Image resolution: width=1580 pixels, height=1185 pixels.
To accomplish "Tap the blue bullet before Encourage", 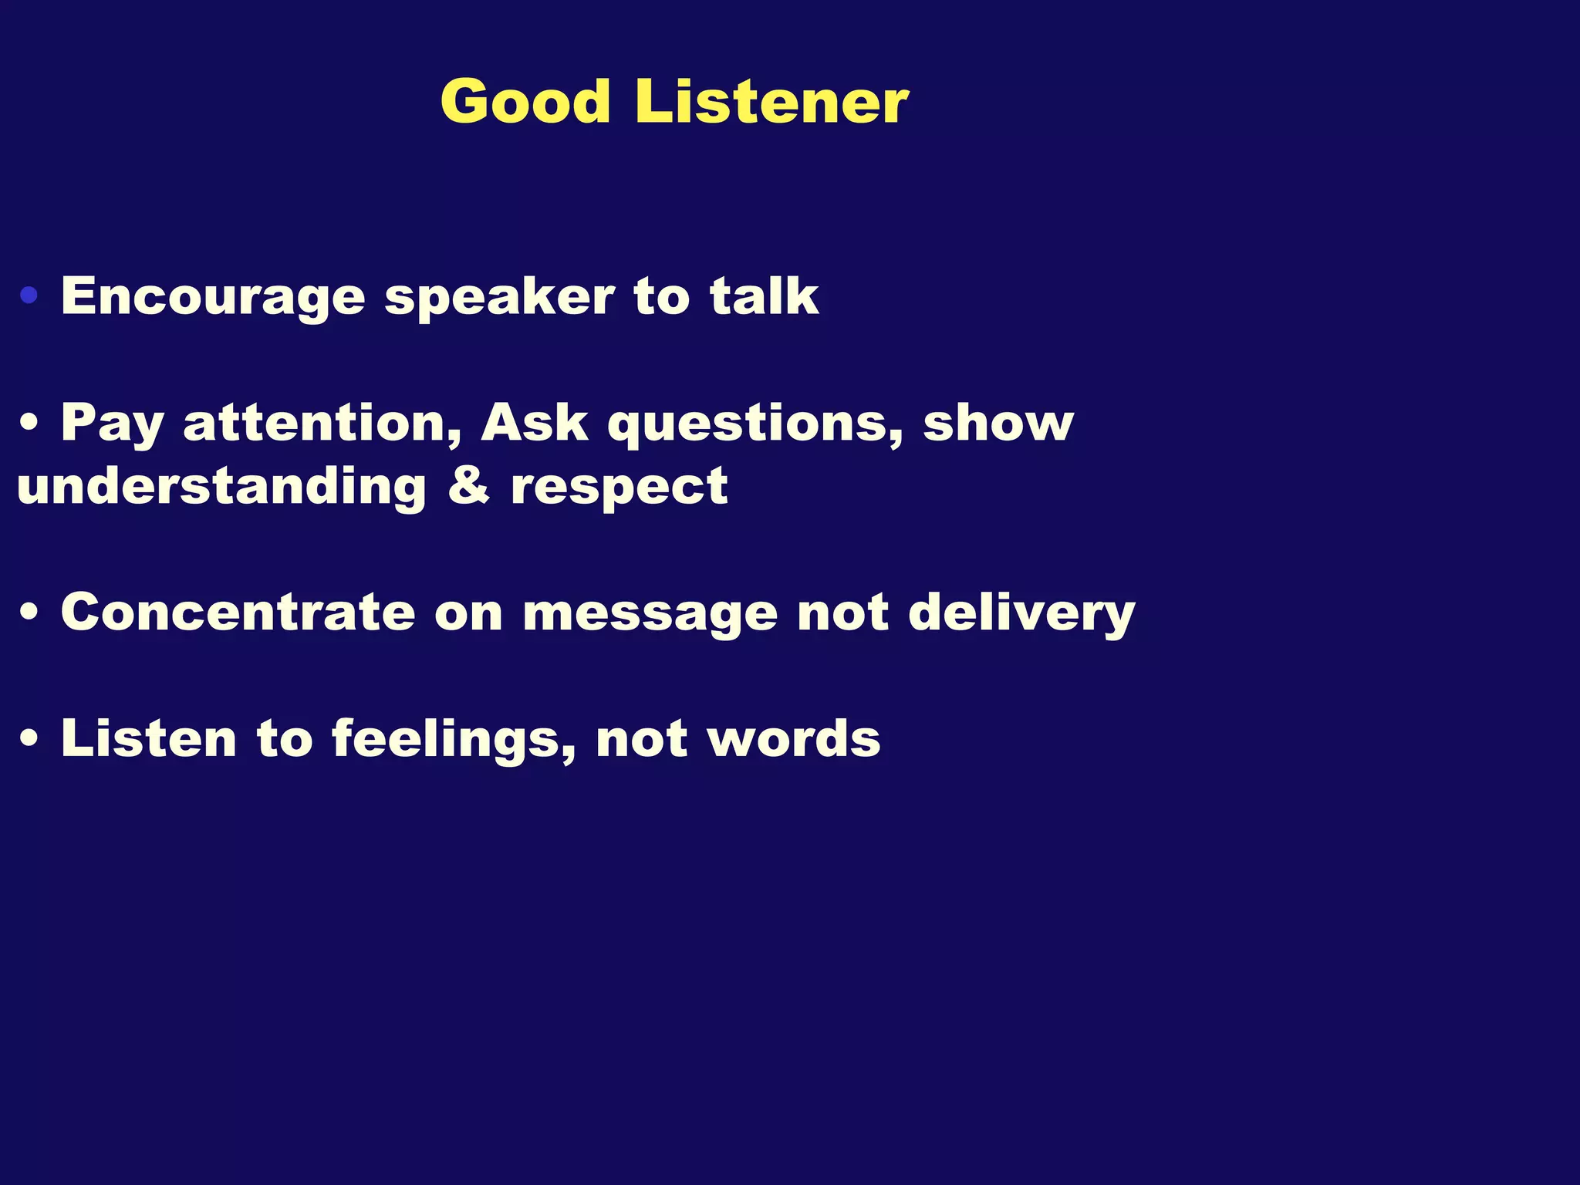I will click(x=29, y=295).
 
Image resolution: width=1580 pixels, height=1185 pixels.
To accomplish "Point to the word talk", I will click(x=764, y=296).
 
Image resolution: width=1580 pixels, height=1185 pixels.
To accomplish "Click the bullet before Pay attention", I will click(x=29, y=423).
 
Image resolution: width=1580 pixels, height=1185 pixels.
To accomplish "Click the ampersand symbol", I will click(x=468, y=486).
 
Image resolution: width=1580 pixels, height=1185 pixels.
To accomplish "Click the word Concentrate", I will click(x=238, y=613).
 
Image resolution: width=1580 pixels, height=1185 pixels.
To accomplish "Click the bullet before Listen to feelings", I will click(x=29, y=739).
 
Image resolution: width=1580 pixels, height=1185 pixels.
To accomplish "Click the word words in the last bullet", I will click(x=795, y=739).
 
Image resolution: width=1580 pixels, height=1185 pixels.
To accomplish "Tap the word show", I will click(x=998, y=423).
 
